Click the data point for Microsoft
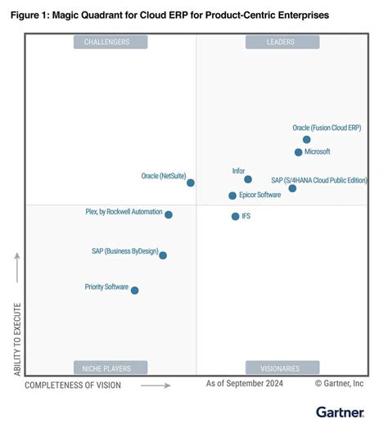pos(299,152)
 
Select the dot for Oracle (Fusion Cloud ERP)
pos(307,140)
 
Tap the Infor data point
pos(248,179)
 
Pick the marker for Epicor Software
pos(232,196)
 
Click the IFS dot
pos(235,217)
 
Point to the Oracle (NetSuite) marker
pos(191,183)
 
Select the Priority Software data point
pos(135,291)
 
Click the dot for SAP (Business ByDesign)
pos(163,255)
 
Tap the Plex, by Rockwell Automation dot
pos(169,215)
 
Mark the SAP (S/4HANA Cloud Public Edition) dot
pos(292,189)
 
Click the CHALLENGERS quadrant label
pos(111,43)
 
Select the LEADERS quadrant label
pos(282,43)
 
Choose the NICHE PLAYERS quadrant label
pos(111,367)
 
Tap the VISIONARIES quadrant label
pos(282,367)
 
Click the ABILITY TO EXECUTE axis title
pos(16,340)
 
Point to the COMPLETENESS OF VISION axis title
pos(73,385)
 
